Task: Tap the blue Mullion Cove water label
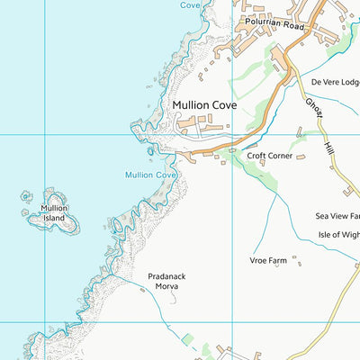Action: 150,175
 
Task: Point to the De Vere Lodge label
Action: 335,82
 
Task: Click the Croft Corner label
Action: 269,156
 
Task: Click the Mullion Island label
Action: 53,213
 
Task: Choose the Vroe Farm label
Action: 267,261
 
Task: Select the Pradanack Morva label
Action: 167,282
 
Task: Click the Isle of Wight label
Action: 337,235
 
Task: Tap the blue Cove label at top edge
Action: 190,4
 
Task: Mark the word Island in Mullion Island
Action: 53,219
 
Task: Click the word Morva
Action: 166,287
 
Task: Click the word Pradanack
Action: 167,277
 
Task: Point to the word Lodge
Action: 348,82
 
